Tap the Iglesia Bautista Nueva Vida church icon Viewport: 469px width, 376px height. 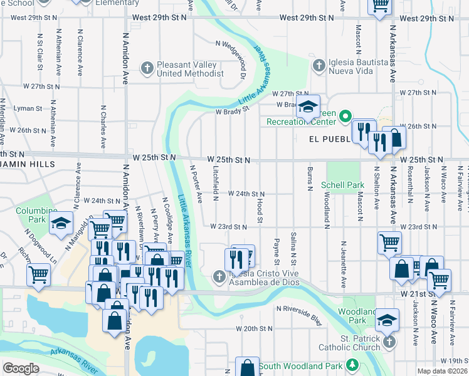click(x=319, y=65)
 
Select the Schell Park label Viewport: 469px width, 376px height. click(x=342, y=185)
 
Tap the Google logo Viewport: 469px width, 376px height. click(x=21, y=368)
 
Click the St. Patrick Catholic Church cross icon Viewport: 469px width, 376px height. click(x=389, y=342)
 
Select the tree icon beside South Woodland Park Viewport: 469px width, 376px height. click(x=353, y=365)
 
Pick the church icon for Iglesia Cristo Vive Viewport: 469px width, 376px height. click(x=218, y=276)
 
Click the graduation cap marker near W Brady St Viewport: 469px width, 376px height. click(x=308, y=107)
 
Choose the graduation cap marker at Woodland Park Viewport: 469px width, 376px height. click(x=387, y=321)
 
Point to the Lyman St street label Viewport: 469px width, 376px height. click(x=27, y=108)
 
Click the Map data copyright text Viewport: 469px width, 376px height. click(x=441, y=371)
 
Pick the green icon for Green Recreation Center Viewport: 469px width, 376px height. click(x=345, y=115)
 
